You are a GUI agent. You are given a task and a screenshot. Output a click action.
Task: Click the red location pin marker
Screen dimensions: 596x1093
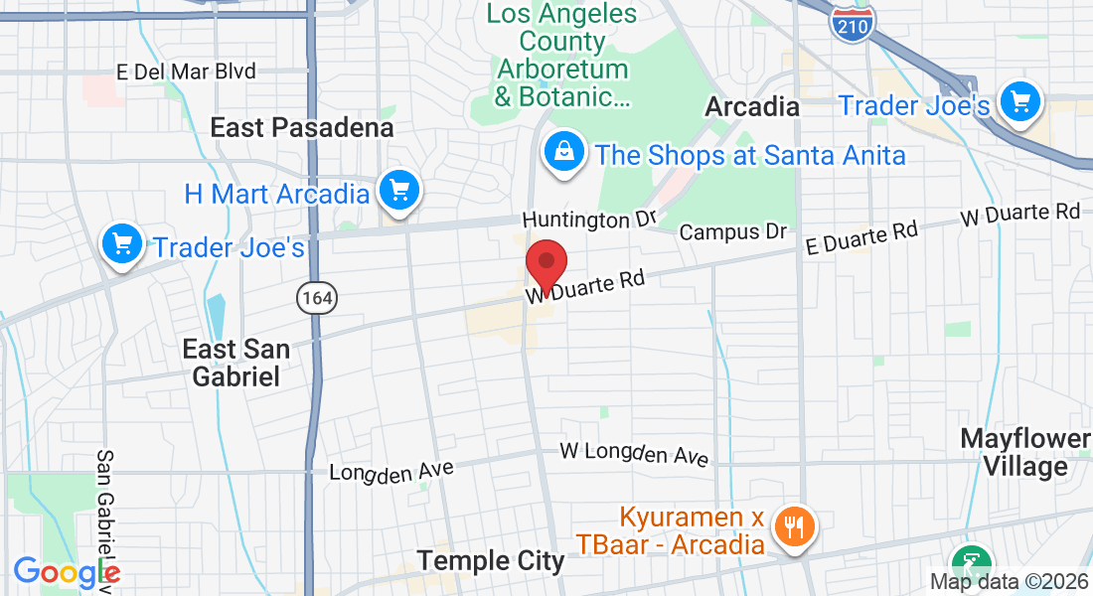coord(546,264)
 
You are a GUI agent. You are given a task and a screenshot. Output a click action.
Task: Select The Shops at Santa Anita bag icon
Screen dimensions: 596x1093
coord(563,152)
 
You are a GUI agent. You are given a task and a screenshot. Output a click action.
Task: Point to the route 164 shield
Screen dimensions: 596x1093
coord(315,296)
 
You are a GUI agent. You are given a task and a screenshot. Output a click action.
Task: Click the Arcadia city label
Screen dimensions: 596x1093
coord(752,106)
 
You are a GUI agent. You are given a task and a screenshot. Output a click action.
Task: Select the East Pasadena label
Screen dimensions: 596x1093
coord(302,127)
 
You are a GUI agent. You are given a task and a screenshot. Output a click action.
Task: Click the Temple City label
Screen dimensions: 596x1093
coord(491,561)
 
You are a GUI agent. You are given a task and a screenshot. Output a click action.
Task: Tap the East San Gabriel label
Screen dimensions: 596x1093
coord(236,363)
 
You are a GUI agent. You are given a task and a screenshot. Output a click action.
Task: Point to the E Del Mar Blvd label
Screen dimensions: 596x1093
coord(186,72)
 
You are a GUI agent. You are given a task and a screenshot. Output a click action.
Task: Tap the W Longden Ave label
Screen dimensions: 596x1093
coord(634,454)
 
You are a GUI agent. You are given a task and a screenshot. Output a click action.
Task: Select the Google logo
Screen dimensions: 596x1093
coord(66,573)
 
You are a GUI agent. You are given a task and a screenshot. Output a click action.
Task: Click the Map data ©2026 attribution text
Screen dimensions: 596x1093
coord(1008,581)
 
